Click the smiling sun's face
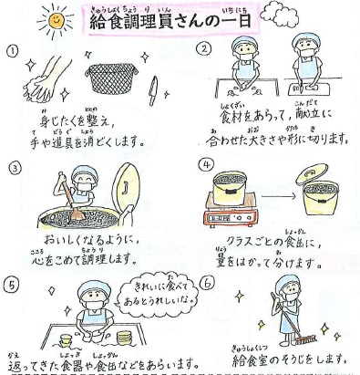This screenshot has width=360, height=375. pyautogui.click(x=56, y=20)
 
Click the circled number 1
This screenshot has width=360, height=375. pyautogui.click(x=12, y=52)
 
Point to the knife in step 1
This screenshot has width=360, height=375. pyautogui.click(x=153, y=90)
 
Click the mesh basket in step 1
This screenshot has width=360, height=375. pyautogui.click(x=111, y=78)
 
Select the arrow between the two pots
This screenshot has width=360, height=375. pyautogui.click(x=278, y=196)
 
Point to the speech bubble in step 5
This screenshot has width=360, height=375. pyautogui.click(x=158, y=295)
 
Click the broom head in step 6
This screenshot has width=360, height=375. pyautogui.click(x=305, y=339)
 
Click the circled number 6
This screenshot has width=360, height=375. pyautogui.click(x=207, y=284)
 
